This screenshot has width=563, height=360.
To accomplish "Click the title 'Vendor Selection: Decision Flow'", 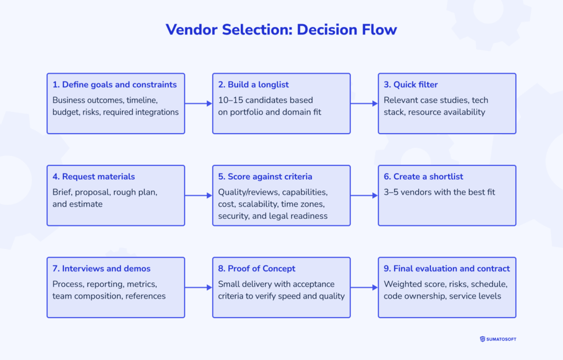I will pos(281,30).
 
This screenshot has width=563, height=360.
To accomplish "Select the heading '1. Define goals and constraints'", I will pos(114,85).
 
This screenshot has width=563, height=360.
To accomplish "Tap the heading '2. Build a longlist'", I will pos(253,85).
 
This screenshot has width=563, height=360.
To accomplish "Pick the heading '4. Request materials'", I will pos(93,176).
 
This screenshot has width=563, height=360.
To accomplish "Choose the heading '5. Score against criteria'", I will pos(265,176).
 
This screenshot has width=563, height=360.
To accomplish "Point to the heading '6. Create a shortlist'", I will pos(423,176).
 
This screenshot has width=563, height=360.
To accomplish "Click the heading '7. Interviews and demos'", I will pos(101,269).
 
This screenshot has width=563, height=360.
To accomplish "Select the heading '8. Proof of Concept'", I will pos(256,269).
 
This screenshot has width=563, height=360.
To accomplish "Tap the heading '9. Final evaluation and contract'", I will pos(446,269).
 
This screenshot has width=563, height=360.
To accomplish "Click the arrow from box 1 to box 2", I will pos(198,103).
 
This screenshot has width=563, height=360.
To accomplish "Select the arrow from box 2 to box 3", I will pos(364,103).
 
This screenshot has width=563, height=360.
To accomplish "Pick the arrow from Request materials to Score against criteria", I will pos(198,195).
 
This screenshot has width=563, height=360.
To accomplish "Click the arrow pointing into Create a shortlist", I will pos(364,195).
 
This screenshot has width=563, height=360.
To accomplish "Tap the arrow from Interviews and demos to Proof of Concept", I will pos(198,287).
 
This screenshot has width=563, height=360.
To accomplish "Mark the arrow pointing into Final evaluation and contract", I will pos(364,287).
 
